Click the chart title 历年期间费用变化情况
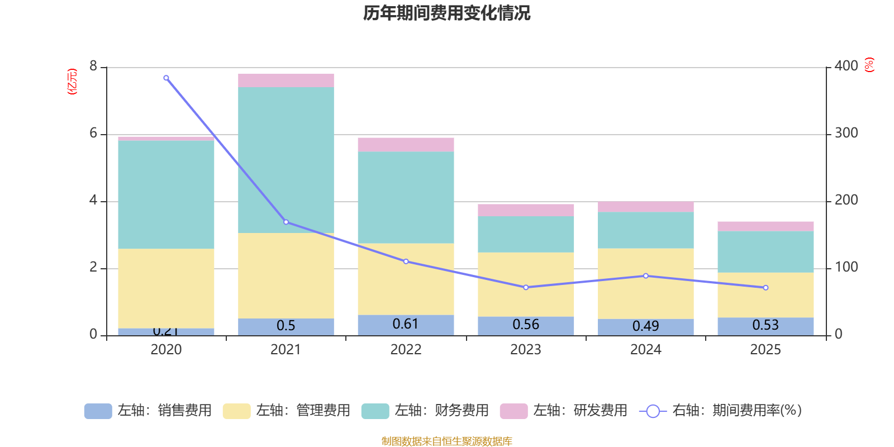pos(446,13)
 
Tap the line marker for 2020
pos(166,78)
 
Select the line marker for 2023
pos(526,287)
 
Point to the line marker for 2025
pos(765,288)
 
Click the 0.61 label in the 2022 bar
pos(406,324)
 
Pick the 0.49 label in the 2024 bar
pos(645,326)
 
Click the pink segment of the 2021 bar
pos(286,80)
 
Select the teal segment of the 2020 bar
pos(166,194)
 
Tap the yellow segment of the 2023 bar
pos(526,284)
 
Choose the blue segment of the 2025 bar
pos(765,326)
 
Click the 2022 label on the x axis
pos(406,350)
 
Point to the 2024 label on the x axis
pos(645,350)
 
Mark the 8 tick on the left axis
pos(93,66)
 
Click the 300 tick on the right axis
pos(846,133)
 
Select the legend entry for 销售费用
pos(148,411)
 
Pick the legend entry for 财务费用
pos(425,411)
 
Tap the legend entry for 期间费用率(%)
pos(721,411)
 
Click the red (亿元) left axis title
pos(72,82)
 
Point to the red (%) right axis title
pos(869,65)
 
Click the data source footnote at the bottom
pos(446,441)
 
